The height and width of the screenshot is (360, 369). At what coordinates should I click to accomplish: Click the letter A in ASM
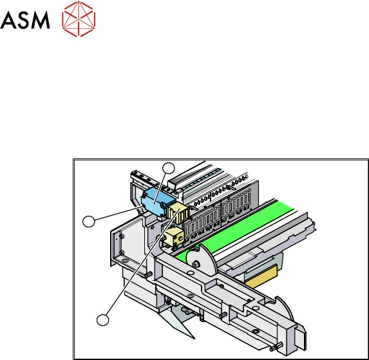point(8,20)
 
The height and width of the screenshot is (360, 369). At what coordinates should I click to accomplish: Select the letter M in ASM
point(40,20)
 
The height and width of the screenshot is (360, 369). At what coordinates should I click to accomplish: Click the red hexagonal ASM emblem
point(79,19)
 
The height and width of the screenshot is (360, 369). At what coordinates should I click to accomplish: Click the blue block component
point(157,202)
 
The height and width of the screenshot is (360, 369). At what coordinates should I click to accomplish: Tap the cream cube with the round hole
point(174,237)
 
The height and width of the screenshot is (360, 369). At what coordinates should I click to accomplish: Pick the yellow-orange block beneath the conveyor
point(261,276)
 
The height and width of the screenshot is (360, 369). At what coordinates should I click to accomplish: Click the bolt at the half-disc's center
point(195,265)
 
